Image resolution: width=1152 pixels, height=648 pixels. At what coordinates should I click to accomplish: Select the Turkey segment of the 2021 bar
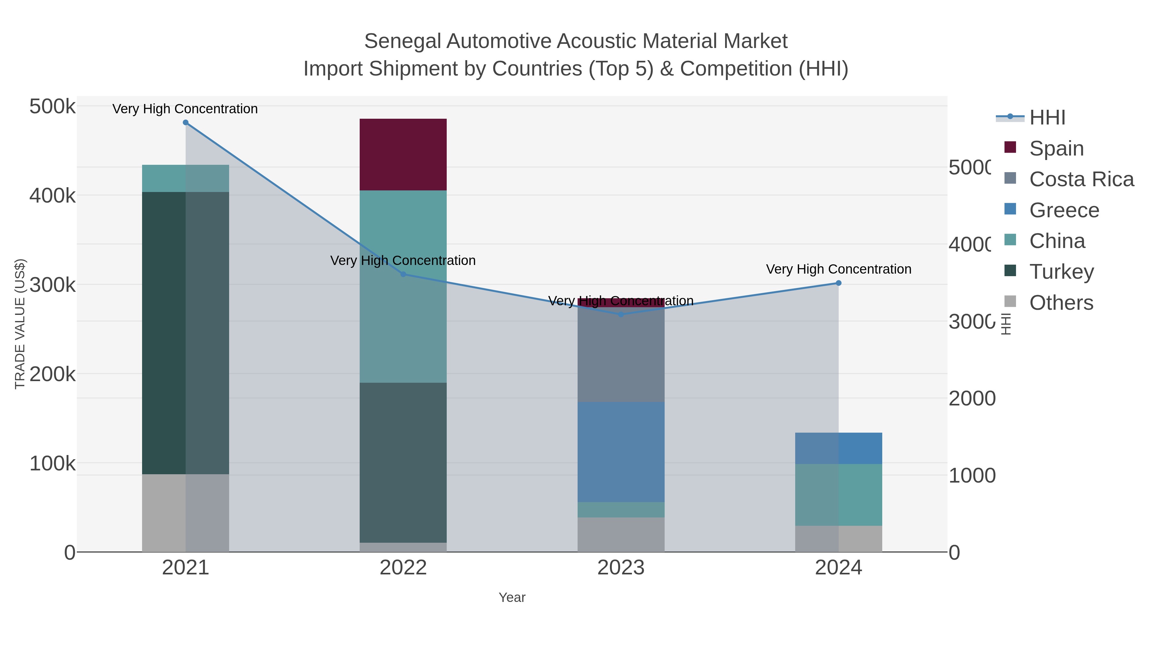[x=185, y=333]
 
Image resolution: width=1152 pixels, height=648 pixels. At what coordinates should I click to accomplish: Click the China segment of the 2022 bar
[x=403, y=286]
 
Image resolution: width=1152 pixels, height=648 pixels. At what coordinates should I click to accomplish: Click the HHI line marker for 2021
[x=186, y=123]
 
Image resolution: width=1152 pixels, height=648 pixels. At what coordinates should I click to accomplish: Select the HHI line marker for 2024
[x=838, y=283]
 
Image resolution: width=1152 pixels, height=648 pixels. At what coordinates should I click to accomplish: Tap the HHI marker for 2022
[x=403, y=274]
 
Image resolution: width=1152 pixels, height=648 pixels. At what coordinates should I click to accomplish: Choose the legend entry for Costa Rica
[x=1081, y=179]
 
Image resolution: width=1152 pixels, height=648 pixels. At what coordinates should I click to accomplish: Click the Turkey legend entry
[x=1061, y=272]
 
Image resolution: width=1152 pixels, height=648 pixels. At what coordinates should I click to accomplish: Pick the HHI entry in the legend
[x=1047, y=118]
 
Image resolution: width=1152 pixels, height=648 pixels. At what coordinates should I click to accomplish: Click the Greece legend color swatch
[x=1010, y=209]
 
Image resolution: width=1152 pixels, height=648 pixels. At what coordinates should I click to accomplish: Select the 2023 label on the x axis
[x=621, y=568]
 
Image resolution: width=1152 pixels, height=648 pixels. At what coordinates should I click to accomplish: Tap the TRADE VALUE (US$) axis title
[x=20, y=324]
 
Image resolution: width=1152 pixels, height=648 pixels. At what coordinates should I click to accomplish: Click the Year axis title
[x=512, y=597]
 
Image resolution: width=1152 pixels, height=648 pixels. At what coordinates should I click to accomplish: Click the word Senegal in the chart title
[x=402, y=41]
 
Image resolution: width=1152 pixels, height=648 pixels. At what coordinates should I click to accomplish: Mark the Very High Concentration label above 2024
[x=838, y=269]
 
